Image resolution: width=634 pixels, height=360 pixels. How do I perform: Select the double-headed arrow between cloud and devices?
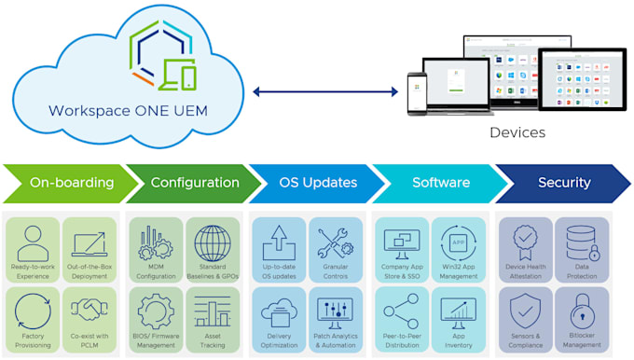[324, 91]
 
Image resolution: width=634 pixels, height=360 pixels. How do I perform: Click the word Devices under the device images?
[517, 132]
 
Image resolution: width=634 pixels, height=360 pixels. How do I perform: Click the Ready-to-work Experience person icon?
[33, 242]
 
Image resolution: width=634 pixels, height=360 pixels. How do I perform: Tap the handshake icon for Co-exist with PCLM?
[90, 310]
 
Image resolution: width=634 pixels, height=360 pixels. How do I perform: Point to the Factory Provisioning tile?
[33, 319]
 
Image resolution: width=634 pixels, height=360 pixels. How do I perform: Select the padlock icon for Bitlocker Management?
[582, 311]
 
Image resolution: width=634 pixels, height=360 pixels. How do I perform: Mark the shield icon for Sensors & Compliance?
[526, 311]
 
